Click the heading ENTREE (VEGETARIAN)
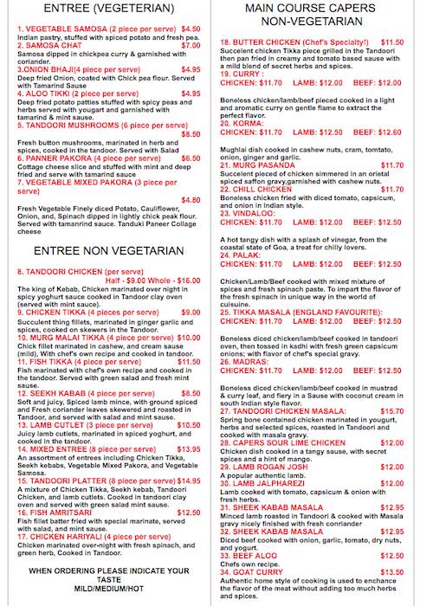coord(108,8)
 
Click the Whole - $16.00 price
coord(177,281)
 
